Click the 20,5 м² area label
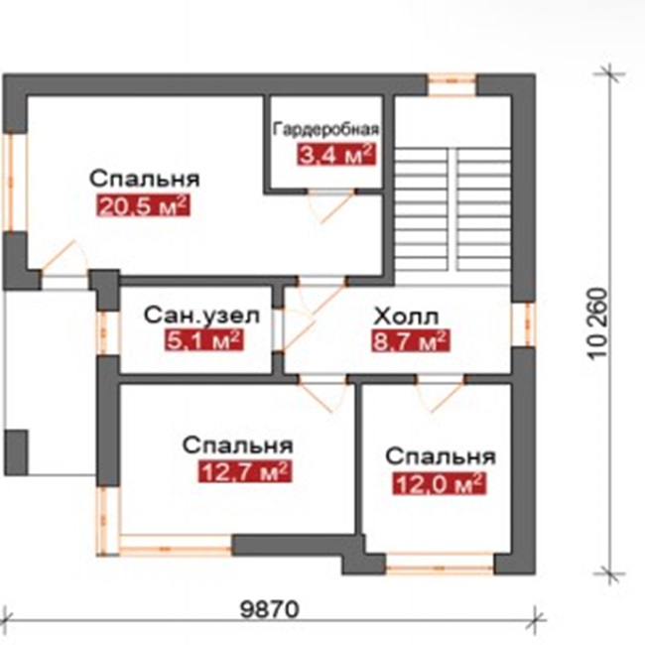tap(143, 205)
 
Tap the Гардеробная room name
tap(325, 129)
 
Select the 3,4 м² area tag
tap(336, 154)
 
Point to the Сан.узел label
tap(201, 316)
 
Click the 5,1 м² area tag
tap(204, 340)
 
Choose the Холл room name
tap(407, 318)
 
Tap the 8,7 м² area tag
tap(410, 341)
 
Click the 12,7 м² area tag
tap(245, 471)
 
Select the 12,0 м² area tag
tap(440, 483)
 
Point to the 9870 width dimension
tap(270, 609)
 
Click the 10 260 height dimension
tap(597, 323)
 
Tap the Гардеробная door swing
tap(331, 206)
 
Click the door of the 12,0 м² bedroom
tap(440, 394)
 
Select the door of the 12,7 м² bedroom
tap(322, 394)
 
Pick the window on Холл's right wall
tap(524, 324)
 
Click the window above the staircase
tap(452, 84)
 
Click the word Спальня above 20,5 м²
tap(145, 179)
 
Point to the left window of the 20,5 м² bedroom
tap(15, 183)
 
